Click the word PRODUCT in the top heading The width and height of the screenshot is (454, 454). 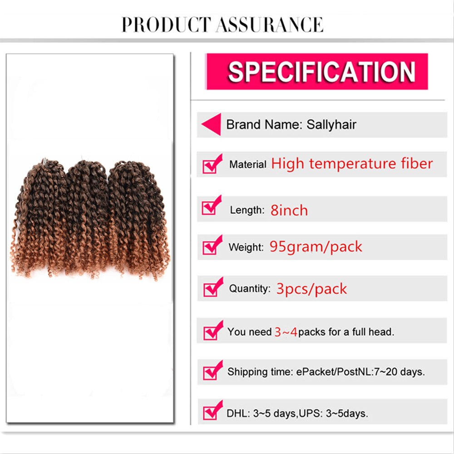pyautogui.click(x=166, y=25)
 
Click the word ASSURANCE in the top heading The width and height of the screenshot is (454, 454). pyautogui.click(x=270, y=25)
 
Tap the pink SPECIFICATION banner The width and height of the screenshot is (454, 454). pyautogui.click(x=317, y=71)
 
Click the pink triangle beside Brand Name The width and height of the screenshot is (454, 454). pyautogui.click(x=211, y=124)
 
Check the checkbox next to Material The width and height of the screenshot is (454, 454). pyautogui.click(x=212, y=164)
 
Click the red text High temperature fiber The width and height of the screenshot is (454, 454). pyautogui.click(x=352, y=163)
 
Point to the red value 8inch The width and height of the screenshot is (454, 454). pyautogui.click(x=289, y=210)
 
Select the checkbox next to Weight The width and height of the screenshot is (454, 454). pyautogui.click(x=212, y=247)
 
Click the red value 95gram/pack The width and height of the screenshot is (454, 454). pyautogui.click(x=316, y=247)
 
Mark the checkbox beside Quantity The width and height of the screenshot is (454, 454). pyautogui.click(x=212, y=288)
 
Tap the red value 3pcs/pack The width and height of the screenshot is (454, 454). pyautogui.click(x=311, y=289)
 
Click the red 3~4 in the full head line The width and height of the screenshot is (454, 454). pyautogui.click(x=286, y=332)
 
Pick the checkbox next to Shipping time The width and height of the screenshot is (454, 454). pyautogui.click(x=212, y=372)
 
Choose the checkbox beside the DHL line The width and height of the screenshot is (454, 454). pyautogui.click(x=212, y=412)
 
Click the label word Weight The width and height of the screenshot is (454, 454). pyautogui.click(x=246, y=248)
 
